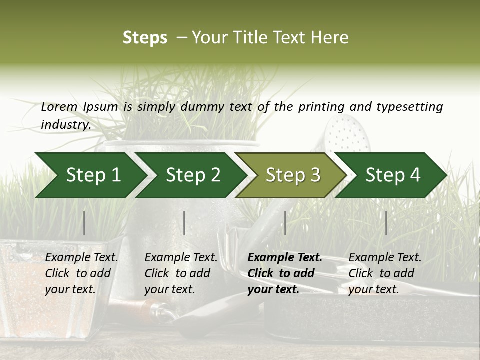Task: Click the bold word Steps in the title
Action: point(145,38)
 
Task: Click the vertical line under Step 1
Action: point(84,223)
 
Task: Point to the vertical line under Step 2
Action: point(184,223)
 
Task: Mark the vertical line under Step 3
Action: point(285,223)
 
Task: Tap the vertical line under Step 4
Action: point(386,223)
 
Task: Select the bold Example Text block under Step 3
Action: point(285,273)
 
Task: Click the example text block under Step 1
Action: point(81,273)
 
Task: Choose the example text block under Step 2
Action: point(181,273)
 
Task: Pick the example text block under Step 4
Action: point(385,273)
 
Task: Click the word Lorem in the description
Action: point(59,107)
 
